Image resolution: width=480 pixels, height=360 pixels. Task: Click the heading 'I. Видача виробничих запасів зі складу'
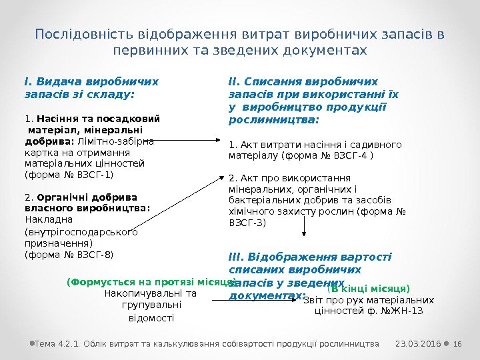91,88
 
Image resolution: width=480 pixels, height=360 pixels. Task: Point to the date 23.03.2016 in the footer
417,343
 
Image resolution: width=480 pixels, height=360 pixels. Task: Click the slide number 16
458,343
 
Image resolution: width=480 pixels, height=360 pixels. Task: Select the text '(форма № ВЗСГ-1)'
69,175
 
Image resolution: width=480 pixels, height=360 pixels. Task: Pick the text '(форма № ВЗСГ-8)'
69,254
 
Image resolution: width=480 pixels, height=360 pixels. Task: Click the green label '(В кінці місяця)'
368,289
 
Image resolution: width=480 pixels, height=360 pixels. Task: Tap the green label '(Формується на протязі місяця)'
151,281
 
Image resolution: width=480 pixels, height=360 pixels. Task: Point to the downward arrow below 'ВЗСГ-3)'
305,227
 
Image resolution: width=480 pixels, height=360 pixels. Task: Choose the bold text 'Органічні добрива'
81,197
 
